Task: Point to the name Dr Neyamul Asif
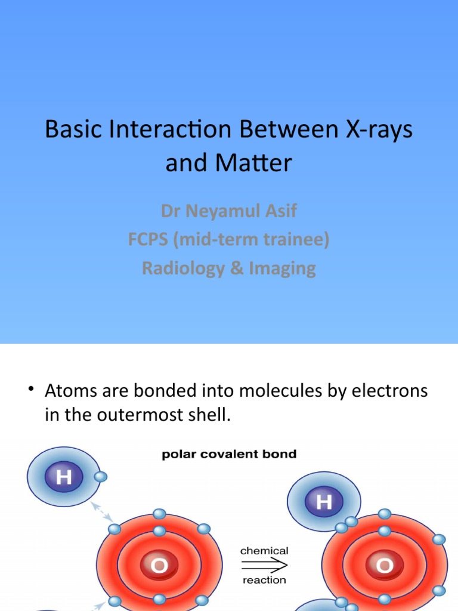(x=228, y=211)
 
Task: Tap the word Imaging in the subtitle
(x=282, y=268)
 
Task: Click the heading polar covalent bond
(x=229, y=455)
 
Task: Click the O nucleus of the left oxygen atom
(x=159, y=566)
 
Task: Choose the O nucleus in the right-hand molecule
(x=384, y=566)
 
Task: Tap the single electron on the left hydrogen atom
(x=100, y=476)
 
